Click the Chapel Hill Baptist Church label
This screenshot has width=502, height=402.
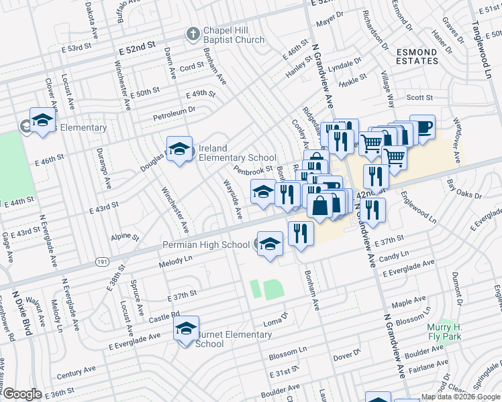tap(234, 35)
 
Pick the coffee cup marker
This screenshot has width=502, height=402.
tap(422, 127)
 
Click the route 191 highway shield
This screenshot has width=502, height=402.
tap(102, 261)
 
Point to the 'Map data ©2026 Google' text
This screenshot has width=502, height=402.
tap(460, 397)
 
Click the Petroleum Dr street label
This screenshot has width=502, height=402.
tap(172, 109)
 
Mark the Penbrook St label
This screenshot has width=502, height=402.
tap(253, 172)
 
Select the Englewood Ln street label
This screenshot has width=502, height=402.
tap(418, 209)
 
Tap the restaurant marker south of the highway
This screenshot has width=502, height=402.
tap(301, 234)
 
